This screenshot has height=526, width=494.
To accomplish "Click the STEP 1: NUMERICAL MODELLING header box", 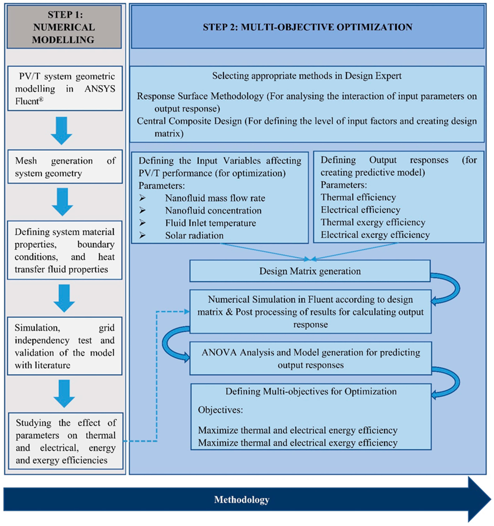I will pos(64,27).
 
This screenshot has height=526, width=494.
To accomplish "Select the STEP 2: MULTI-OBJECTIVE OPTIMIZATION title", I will pos(308,27).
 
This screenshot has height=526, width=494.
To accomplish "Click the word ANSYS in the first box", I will pos(100,89).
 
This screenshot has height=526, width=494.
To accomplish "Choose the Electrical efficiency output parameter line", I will pos(360,210).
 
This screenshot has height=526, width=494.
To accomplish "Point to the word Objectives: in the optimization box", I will pos(220,410).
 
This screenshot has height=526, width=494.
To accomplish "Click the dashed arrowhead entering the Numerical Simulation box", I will pos(187,312).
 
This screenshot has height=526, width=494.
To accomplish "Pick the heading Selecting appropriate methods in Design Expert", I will pos(307,76).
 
